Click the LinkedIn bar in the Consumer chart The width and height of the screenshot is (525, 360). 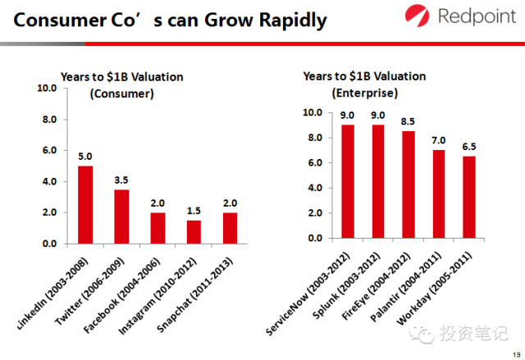pos(85,204)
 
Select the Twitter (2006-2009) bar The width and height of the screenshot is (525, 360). pos(121,216)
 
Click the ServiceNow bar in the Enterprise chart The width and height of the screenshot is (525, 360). pos(348,181)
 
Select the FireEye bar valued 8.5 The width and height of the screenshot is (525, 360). pos(409,185)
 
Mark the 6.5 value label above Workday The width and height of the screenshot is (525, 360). pos(468,147)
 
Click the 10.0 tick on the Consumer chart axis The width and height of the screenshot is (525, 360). pos(47,88)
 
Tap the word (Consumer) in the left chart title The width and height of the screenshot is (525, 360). pos(121,94)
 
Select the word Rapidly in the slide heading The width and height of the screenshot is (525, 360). pos(280,20)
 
